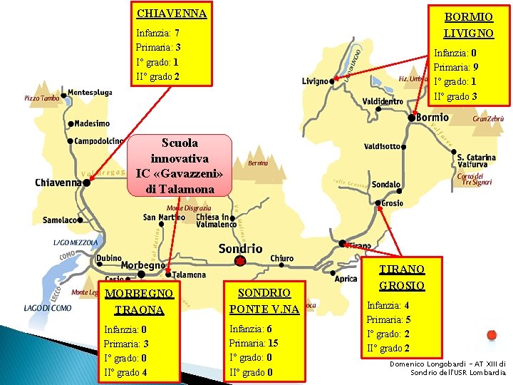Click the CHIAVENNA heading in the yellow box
tap(171, 14)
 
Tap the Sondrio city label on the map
tap(240, 248)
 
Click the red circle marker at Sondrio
tap(240, 261)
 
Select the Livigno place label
tap(315, 81)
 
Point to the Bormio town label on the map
tap(432, 117)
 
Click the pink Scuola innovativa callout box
tap(180, 165)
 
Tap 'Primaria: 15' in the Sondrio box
tap(254, 343)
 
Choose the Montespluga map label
tap(90, 93)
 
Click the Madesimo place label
tap(91, 123)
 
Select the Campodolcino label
tap(99, 140)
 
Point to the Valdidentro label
tap(383, 101)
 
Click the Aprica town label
tap(346, 279)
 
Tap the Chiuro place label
tap(281, 258)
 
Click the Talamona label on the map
tap(189, 274)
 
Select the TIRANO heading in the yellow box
tap(402, 269)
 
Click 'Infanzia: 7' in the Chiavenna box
tap(157, 34)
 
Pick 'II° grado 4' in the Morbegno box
tap(125, 371)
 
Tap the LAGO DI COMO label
tap(47, 308)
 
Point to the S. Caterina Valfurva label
tap(477, 160)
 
